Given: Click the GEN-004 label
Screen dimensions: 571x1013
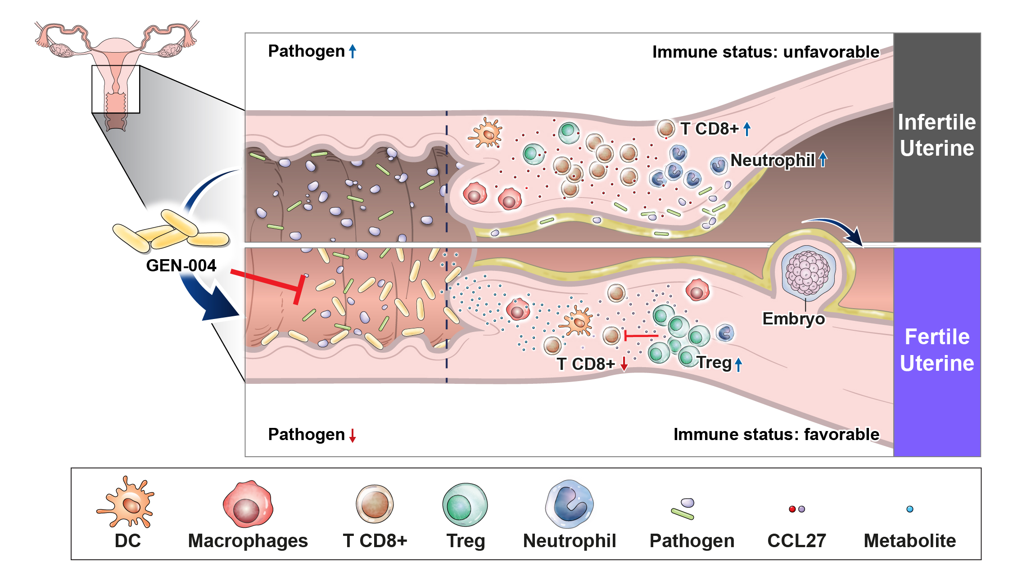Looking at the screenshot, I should click(x=181, y=265).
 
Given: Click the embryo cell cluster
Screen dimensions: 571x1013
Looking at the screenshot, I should click(x=808, y=273).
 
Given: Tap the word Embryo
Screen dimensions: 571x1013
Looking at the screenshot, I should click(x=793, y=319).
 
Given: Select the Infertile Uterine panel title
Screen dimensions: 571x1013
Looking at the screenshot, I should click(x=937, y=135).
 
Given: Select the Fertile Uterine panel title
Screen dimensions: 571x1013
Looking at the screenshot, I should click(x=937, y=350).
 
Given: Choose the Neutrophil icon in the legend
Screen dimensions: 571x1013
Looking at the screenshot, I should click(x=570, y=504).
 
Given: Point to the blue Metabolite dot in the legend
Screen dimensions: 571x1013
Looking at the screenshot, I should click(x=910, y=509).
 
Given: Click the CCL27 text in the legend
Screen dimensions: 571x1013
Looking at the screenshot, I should click(x=796, y=541).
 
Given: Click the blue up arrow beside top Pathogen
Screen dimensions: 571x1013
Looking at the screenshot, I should click(x=353, y=51).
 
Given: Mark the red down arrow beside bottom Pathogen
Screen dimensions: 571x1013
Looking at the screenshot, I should click(x=353, y=436).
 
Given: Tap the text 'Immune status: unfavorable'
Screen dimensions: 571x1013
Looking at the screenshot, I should click(x=765, y=52).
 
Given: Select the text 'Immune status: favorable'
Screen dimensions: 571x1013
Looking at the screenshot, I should click(x=776, y=435).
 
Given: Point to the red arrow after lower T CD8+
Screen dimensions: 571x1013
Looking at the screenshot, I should click(x=624, y=364).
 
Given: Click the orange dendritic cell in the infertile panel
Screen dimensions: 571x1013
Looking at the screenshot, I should click(x=486, y=133).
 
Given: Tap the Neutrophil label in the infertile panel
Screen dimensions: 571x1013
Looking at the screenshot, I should click(x=772, y=160).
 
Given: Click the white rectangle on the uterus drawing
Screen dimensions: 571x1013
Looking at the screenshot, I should click(x=116, y=89).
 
